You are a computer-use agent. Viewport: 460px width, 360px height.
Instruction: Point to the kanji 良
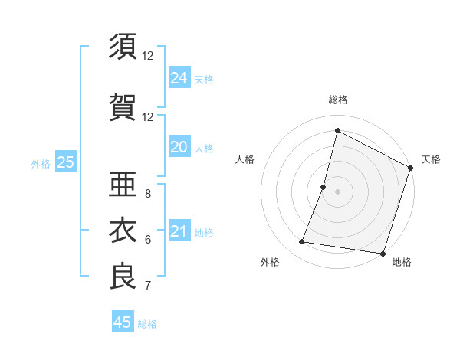pos(123,277)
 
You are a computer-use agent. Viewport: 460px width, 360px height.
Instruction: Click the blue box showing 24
pos(179,78)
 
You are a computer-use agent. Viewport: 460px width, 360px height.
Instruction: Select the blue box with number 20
pos(179,148)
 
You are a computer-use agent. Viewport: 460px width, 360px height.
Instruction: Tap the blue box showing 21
pos(179,232)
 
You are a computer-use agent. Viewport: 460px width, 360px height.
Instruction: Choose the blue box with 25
pos(65,162)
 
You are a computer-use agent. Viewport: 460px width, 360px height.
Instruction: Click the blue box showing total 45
pos(123,322)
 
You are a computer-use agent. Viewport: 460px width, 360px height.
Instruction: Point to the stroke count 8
pos(148,194)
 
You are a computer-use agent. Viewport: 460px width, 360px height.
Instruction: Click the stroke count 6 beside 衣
pos(148,240)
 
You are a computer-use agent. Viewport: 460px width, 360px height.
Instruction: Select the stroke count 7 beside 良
pos(148,286)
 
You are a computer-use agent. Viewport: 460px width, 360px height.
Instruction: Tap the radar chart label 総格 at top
pos(338,100)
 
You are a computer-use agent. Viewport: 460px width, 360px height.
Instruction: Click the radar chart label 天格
pos(431,159)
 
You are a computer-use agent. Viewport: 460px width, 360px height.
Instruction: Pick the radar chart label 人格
pos(245,159)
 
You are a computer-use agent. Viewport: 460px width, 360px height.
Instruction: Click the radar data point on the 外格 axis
pos(302,242)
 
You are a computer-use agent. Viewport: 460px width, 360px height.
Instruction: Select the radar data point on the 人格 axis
pos(324,187)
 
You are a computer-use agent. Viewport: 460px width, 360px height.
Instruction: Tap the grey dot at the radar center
pos(338,191)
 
